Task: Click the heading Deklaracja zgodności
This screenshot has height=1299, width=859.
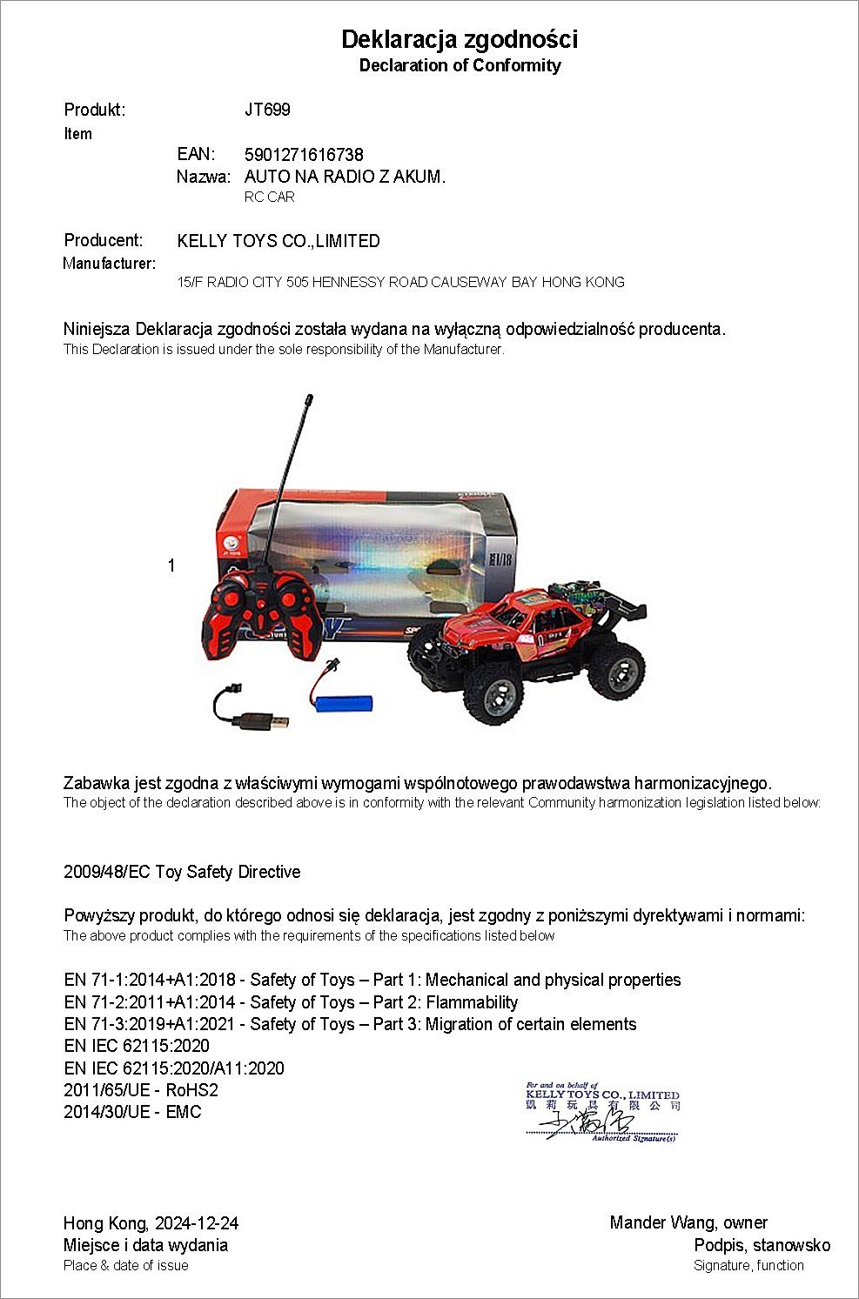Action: coord(460,39)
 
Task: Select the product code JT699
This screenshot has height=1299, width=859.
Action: coord(267,110)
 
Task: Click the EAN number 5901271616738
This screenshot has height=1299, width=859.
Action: coord(304,155)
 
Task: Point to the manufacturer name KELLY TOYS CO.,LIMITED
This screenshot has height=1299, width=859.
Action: coord(279,241)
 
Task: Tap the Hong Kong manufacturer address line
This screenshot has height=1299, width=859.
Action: coord(400,282)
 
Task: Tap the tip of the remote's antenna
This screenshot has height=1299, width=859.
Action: coord(308,399)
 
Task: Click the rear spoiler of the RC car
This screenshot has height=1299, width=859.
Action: coord(624,606)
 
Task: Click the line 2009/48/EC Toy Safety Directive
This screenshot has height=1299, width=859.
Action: coord(182,872)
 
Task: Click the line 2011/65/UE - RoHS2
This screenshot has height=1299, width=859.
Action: coord(141,1090)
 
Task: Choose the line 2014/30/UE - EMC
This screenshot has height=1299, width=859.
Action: coord(132,1112)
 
